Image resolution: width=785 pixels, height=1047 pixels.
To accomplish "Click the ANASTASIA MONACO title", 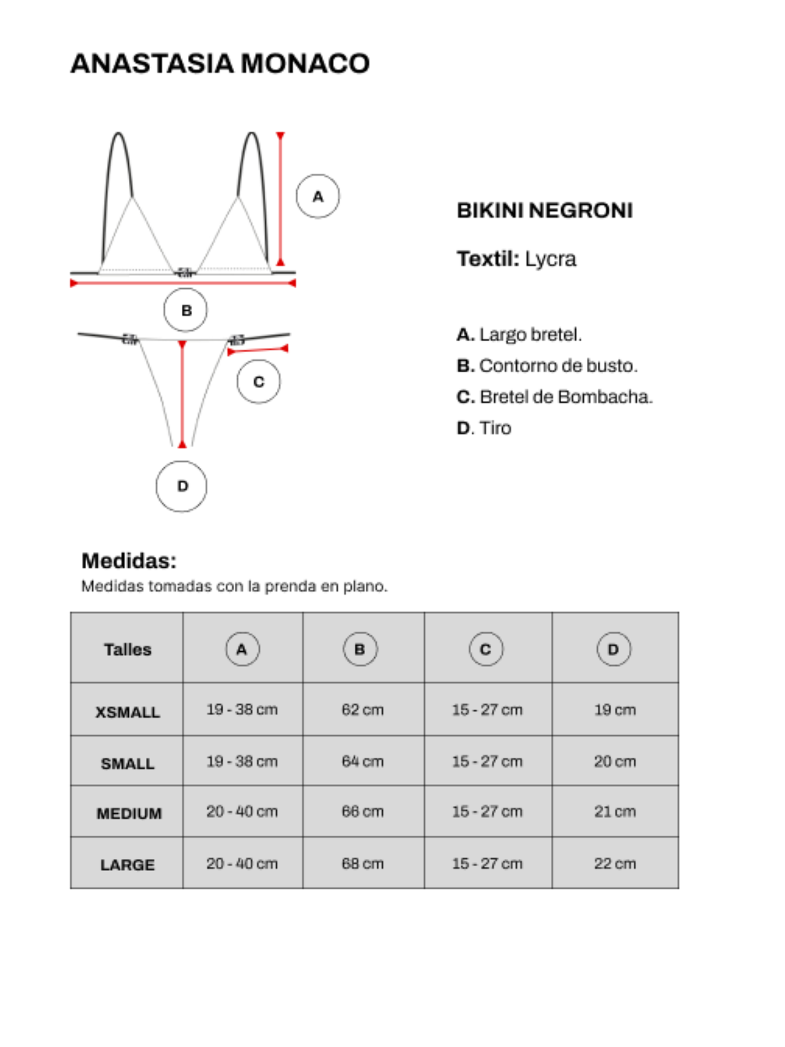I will pos(220,63).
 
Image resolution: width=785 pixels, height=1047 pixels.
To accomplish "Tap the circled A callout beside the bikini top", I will pos(318,197).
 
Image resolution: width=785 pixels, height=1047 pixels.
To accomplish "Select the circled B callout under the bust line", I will pos(186,310).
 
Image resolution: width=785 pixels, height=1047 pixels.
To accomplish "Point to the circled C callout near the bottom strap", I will pos(259,382).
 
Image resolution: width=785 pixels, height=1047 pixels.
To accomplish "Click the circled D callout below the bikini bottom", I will pos(182,486).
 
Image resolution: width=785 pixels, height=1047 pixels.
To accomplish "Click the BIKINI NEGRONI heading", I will pos(544,211).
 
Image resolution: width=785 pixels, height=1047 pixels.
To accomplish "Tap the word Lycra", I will pos(550,259).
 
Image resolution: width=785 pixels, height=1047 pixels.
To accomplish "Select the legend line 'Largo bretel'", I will pos(519,335).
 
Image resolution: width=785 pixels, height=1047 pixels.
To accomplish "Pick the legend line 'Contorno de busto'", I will pos(547,366).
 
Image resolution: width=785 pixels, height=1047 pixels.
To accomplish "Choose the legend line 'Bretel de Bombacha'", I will pos(555,397).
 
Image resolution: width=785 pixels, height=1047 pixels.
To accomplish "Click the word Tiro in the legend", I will pos(495,428).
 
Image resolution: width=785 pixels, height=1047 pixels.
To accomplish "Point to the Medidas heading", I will pos(129,561).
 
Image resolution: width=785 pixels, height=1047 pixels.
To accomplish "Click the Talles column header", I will pos(127,650).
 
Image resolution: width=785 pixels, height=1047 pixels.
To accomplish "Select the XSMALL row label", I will pos(127,712).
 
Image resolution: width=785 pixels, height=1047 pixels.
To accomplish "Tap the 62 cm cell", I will pos(362,710).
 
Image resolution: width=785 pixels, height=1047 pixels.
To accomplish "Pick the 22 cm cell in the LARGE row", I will pos(615,864).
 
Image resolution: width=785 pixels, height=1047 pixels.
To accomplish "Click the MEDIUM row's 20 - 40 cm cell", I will pos(242,812).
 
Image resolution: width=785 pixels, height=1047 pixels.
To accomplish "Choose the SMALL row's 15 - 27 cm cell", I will pos(487,762).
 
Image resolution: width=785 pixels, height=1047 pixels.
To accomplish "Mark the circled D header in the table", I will pos(614,649).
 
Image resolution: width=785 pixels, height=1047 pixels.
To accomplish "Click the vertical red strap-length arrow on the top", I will pos(280,199).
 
